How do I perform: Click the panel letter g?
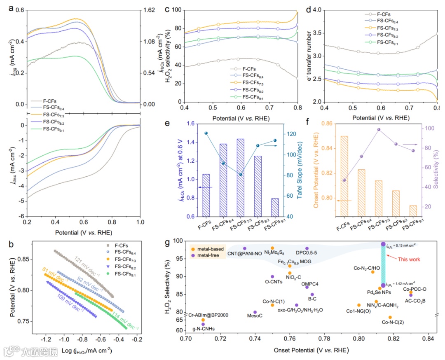(167, 242)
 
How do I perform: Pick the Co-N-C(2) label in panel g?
(384, 322)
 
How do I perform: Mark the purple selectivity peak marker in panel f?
(378, 129)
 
